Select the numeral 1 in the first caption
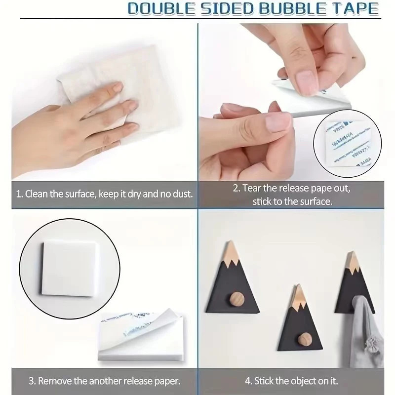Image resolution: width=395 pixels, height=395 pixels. [18, 194]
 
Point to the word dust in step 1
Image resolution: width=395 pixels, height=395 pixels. [183, 194]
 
